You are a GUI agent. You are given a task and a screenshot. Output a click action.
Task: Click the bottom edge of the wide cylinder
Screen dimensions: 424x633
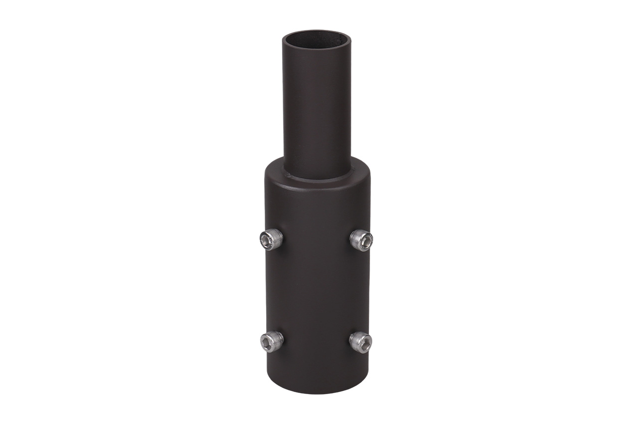(317, 394)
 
